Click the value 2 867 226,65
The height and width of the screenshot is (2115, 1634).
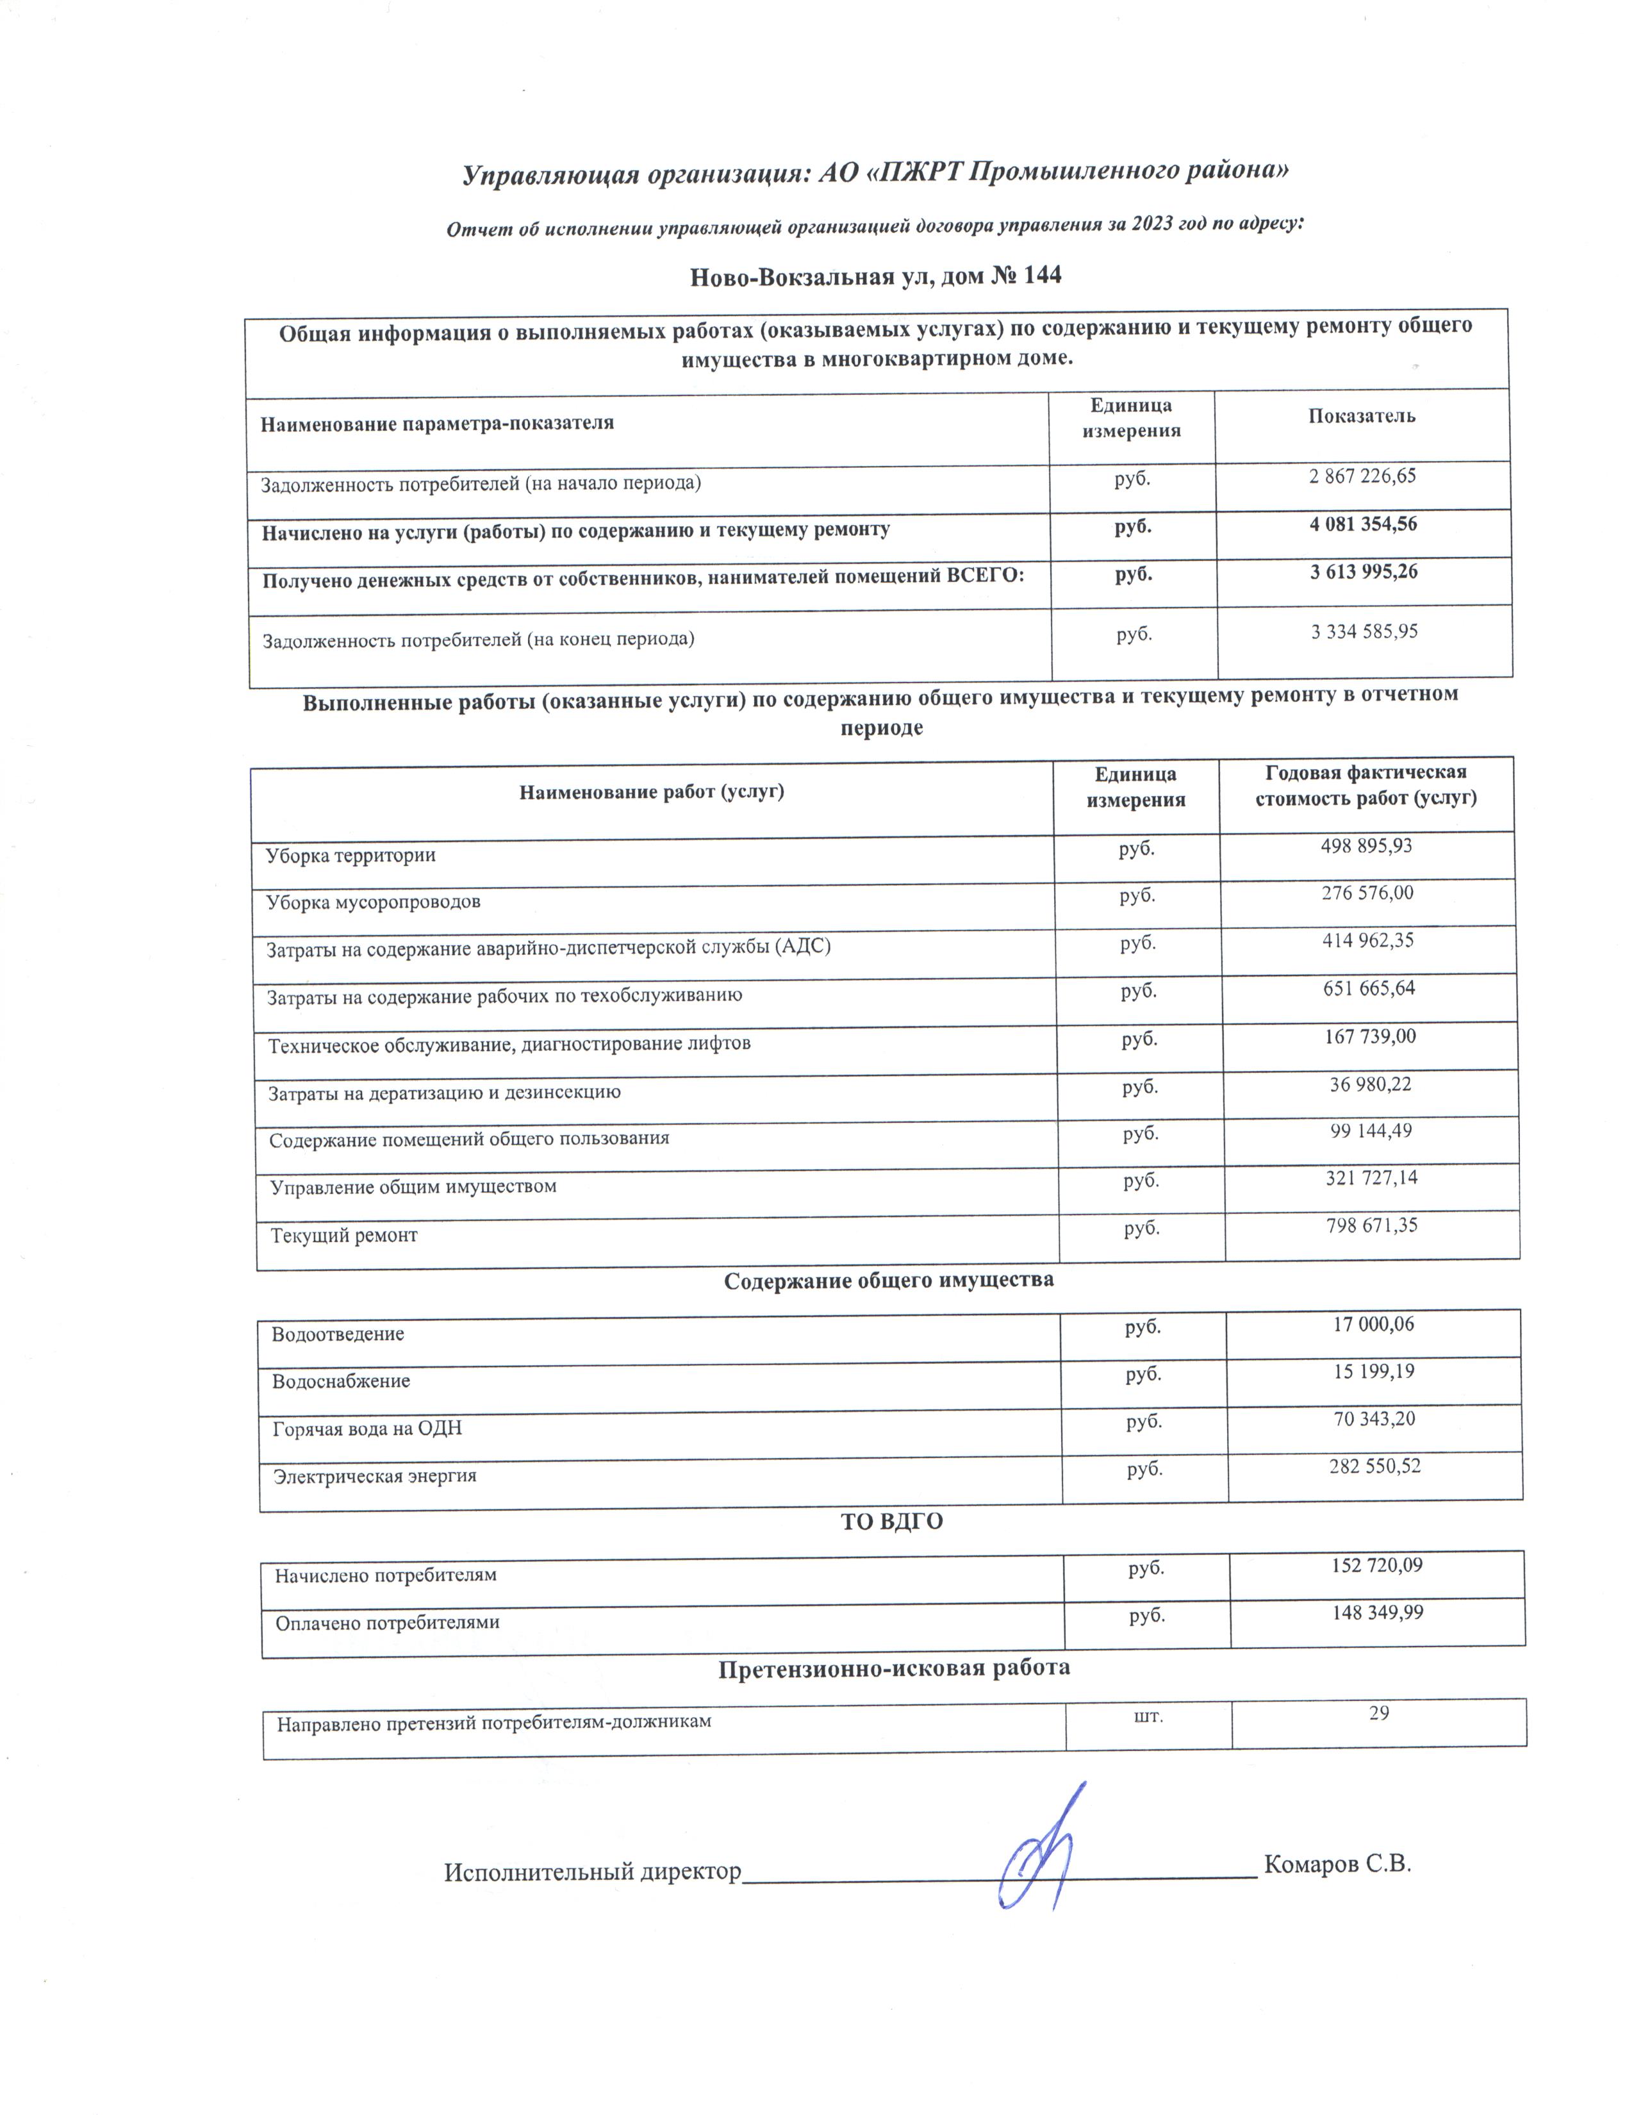[1362, 476]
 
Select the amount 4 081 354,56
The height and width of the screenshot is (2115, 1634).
[1363, 524]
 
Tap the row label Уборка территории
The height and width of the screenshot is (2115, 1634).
[351, 855]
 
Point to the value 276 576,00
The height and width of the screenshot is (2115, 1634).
[1367, 892]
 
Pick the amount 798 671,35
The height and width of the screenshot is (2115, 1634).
[1371, 1225]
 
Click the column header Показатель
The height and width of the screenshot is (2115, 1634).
[1361, 417]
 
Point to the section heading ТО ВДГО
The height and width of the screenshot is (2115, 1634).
[891, 1522]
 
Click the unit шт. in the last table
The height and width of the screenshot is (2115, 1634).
[1148, 1716]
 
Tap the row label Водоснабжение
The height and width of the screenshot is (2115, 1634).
[341, 1381]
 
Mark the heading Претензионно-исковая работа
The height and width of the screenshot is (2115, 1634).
[893, 1668]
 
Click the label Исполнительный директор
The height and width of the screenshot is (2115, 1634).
[591, 1872]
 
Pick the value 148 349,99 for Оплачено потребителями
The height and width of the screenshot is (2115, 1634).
[1376, 1613]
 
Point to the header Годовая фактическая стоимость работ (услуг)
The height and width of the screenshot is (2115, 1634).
[1365, 785]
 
